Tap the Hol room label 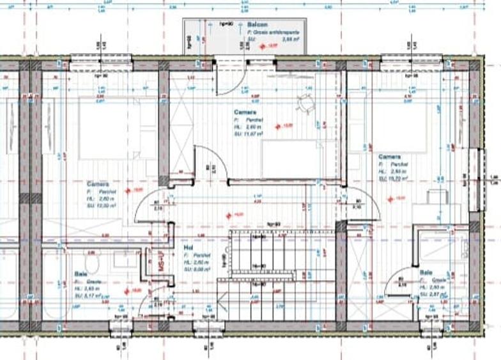189,246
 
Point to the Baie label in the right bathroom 425,272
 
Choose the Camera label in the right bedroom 389,157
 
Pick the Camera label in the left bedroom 98,183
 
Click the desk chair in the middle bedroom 305,101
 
